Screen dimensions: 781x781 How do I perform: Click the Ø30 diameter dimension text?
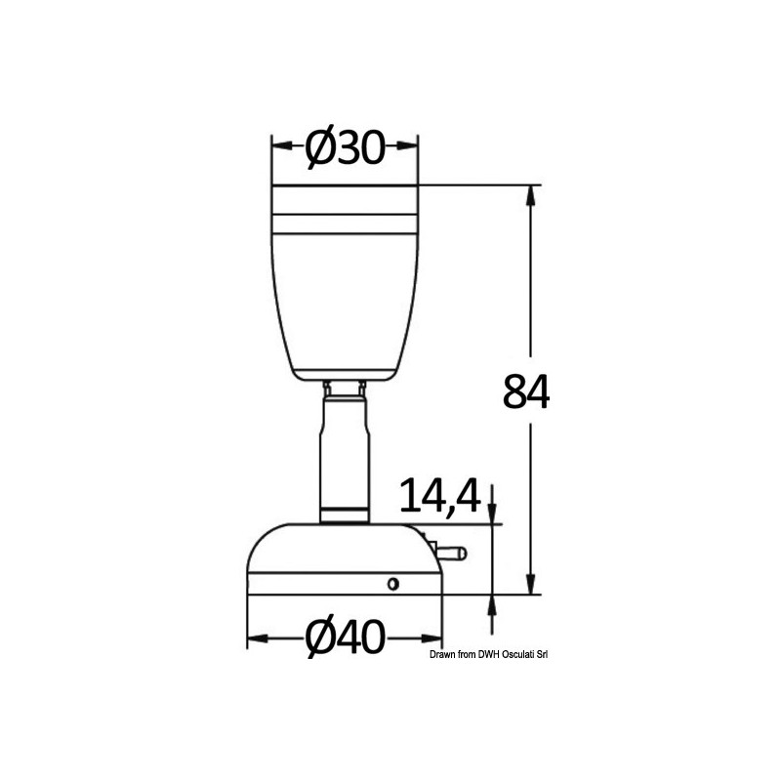point(345,147)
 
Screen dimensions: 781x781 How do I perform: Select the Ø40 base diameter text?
point(345,640)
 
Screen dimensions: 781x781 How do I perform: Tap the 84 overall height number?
point(527,391)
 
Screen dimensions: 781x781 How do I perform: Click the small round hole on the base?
point(392,584)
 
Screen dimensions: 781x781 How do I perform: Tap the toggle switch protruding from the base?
point(457,554)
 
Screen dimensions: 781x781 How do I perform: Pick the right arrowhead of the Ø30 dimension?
point(409,147)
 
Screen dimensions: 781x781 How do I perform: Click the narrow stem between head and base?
point(345,459)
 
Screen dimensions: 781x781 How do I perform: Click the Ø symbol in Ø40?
point(323,640)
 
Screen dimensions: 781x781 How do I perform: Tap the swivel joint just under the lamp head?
point(345,390)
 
